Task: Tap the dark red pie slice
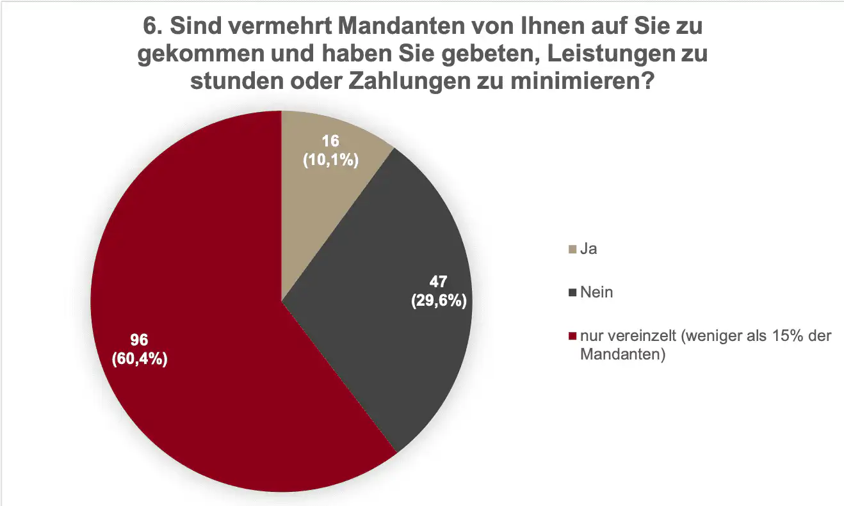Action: click(x=211, y=307)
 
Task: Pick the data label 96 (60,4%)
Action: click(x=140, y=349)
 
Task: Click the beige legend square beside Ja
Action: click(x=572, y=249)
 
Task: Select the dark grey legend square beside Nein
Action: click(x=572, y=293)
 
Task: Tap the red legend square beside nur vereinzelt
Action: click(x=572, y=336)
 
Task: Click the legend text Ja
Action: click(x=588, y=249)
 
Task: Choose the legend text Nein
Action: click(x=596, y=292)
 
